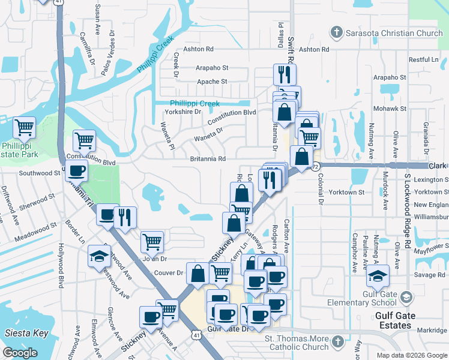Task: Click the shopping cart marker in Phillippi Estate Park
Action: pyautogui.click(x=25, y=127)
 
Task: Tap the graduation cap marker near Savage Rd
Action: pyautogui.click(x=378, y=277)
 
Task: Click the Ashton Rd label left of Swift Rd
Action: pyautogui.click(x=199, y=49)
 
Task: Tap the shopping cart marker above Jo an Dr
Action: pyautogui.click(x=152, y=242)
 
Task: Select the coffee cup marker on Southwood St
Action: pyautogui.click(x=77, y=170)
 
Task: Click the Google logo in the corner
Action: pyautogui.click(x=20, y=353)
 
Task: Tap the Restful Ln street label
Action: pyautogui.click(x=424, y=60)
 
